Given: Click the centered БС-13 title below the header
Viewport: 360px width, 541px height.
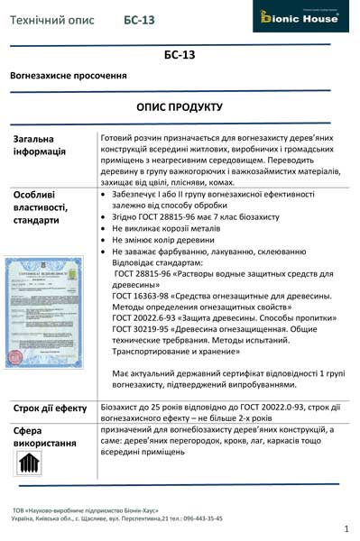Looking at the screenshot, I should click(x=180, y=55).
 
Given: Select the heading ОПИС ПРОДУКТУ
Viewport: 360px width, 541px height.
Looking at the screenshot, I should click(x=180, y=106).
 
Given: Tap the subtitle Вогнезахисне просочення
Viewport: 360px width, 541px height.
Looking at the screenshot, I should click(x=68, y=77).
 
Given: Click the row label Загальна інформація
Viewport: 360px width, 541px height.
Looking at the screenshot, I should click(x=39, y=145).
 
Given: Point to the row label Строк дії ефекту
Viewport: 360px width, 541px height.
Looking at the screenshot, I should click(x=51, y=408).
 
